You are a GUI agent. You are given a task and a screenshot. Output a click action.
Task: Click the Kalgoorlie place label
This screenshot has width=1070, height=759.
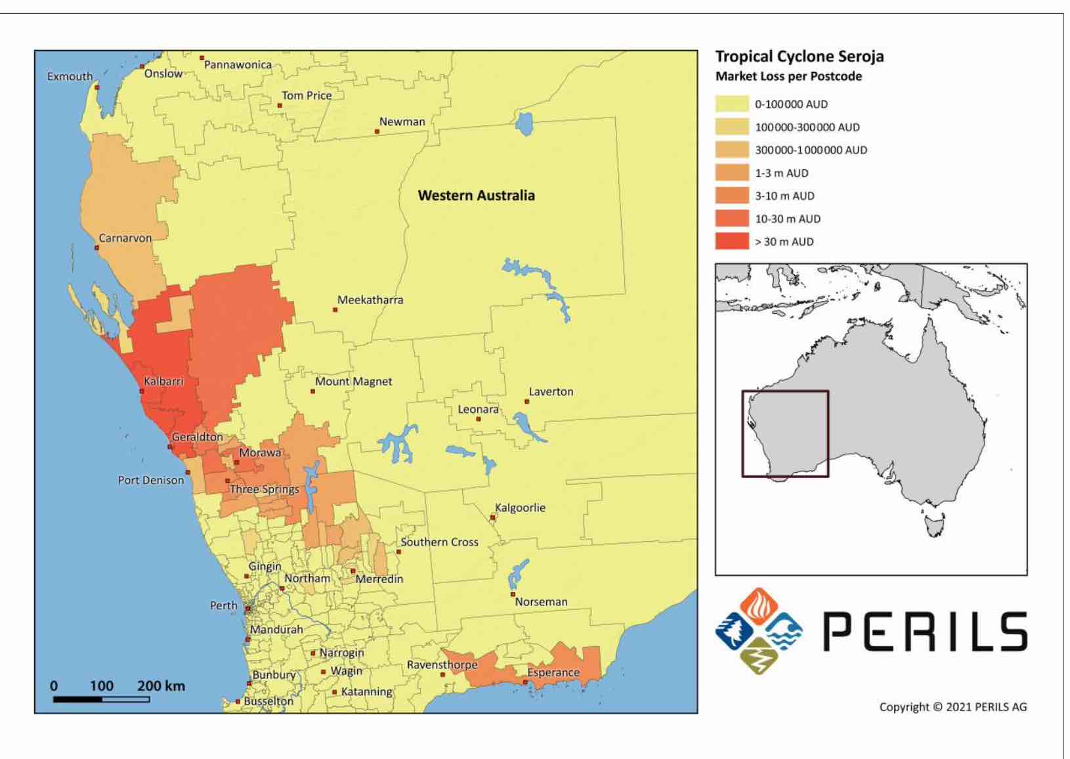pos(520,508)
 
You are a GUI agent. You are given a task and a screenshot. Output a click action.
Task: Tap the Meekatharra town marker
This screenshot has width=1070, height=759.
pos(335,309)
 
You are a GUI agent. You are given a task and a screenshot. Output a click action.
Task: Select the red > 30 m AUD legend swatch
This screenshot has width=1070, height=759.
pos(732,242)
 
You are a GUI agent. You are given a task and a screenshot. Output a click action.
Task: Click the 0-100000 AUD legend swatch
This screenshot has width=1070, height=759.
pos(732,104)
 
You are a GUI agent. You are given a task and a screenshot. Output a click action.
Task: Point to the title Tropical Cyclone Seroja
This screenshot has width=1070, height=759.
pos(799,56)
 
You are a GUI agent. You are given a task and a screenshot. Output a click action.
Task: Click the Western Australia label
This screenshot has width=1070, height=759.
pos(476,195)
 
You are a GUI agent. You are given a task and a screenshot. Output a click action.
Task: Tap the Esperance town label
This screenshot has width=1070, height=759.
pos(553,672)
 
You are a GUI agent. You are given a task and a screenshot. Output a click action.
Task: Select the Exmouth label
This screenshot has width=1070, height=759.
pos(70,76)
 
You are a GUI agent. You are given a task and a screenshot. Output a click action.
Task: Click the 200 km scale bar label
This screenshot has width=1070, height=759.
pos(161,686)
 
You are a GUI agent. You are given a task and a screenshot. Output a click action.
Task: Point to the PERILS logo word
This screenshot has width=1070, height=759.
pos(925,632)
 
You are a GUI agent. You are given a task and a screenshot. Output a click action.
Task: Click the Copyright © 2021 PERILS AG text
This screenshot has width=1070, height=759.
pos(952,707)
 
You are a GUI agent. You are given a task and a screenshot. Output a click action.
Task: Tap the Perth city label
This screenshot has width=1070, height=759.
pos(223,605)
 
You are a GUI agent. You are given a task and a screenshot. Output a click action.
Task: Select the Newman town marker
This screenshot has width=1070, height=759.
pos(377,131)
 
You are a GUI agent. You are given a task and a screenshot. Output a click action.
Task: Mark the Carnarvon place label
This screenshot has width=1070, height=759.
pos(125,238)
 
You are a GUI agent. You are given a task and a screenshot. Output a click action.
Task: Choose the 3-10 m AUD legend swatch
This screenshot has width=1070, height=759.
pos(732,196)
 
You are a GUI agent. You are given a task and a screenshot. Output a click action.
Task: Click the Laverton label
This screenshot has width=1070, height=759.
pos(551,391)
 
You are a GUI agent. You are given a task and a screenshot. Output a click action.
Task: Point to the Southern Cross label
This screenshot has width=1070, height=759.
pos(439,542)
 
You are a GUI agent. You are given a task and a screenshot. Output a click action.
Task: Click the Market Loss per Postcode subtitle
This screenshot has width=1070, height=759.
pos(788,76)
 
